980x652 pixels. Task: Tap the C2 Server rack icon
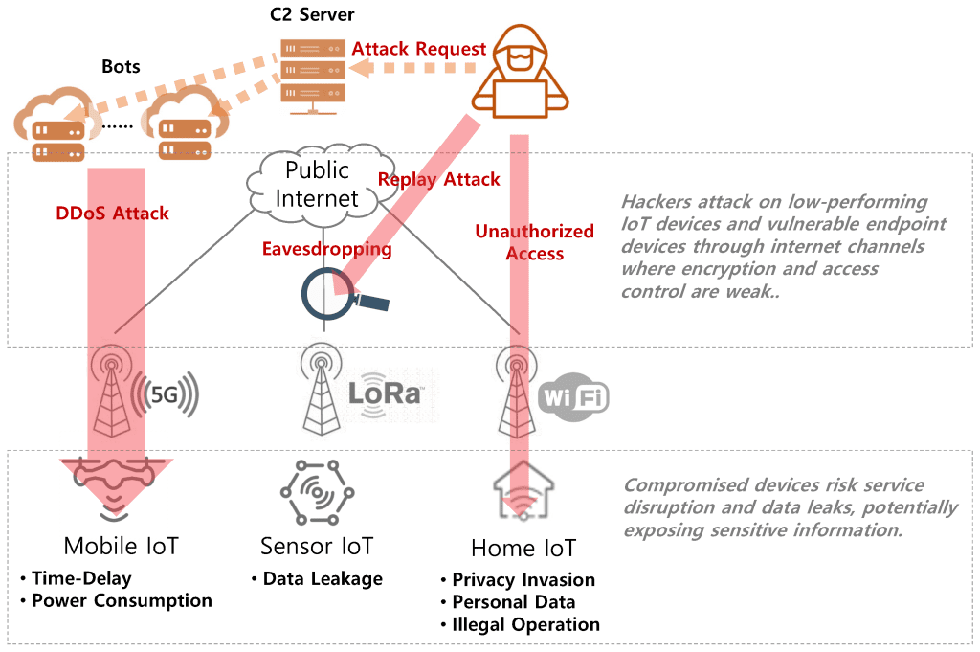tap(311, 73)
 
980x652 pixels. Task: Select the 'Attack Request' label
tap(419, 48)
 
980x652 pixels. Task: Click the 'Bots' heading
tap(121, 67)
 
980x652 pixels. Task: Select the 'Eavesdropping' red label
tap(326, 249)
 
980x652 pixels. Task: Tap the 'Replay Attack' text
tap(438, 179)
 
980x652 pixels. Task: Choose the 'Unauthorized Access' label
tap(534, 242)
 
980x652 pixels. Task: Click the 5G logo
tap(168, 393)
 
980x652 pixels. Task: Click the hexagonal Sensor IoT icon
tap(317, 492)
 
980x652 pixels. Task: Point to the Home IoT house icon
tap(522, 490)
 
